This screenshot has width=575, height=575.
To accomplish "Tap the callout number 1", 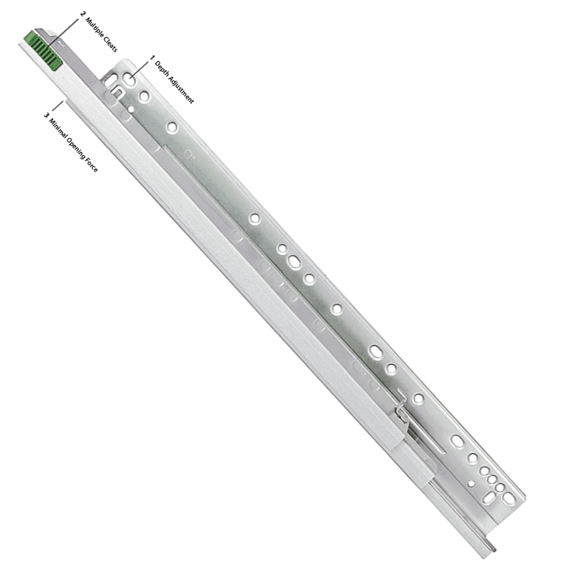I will pyautogui.click(x=152, y=57).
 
